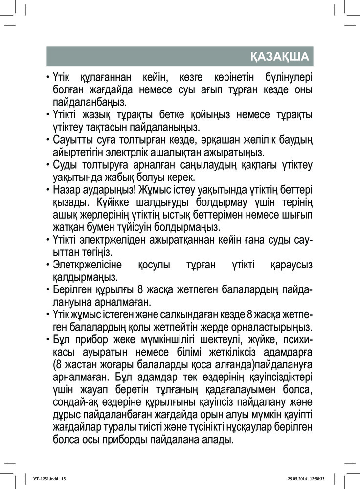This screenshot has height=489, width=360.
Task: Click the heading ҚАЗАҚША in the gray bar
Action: (x=279, y=57)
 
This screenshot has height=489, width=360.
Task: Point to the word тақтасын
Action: (x=115, y=128)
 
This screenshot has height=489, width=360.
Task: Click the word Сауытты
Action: (x=72, y=141)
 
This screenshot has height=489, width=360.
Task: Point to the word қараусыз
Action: (x=291, y=265)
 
